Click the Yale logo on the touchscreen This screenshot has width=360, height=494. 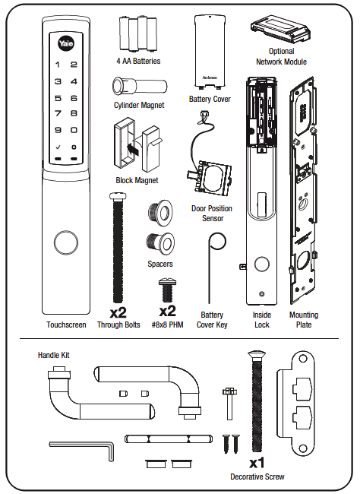(x=66, y=43)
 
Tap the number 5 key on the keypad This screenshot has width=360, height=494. (x=58, y=98)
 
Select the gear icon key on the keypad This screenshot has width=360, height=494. (x=74, y=147)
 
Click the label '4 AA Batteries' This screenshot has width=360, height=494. (x=138, y=61)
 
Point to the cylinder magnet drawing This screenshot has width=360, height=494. (x=140, y=85)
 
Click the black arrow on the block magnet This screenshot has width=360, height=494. (x=133, y=147)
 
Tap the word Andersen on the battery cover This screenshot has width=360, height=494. (x=210, y=78)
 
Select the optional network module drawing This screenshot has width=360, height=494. (x=280, y=29)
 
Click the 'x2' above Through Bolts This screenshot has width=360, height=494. (x=118, y=312)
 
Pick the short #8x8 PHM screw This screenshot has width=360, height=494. (x=167, y=290)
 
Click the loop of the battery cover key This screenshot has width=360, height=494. (x=217, y=242)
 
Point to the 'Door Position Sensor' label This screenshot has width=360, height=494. (x=212, y=214)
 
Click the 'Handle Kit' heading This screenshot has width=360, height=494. (x=53, y=355)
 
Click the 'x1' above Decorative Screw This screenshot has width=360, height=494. (x=257, y=463)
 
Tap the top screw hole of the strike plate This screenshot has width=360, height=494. (x=303, y=359)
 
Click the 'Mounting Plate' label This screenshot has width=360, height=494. (x=304, y=319)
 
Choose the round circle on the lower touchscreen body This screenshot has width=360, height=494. (x=66, y=243)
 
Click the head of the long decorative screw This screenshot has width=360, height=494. (x=257, y=355)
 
